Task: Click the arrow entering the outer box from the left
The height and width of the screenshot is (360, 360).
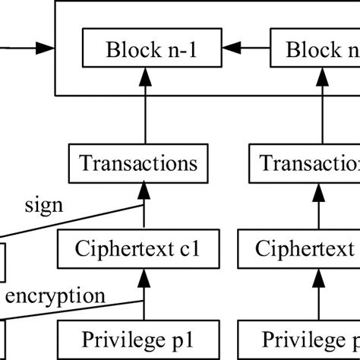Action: [x=30, y=50]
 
